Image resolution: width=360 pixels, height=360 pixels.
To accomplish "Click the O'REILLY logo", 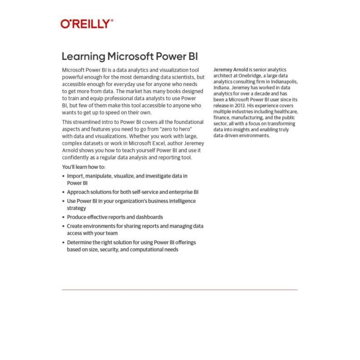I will [87, 24].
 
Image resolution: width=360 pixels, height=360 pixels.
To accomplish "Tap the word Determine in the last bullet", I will [80, 242].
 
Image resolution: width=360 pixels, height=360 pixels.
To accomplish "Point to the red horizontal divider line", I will [180, 289].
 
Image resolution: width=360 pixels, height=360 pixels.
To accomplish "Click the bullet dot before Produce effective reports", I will [64, 217].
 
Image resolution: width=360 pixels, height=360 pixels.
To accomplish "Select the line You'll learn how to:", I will [84, 167].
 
